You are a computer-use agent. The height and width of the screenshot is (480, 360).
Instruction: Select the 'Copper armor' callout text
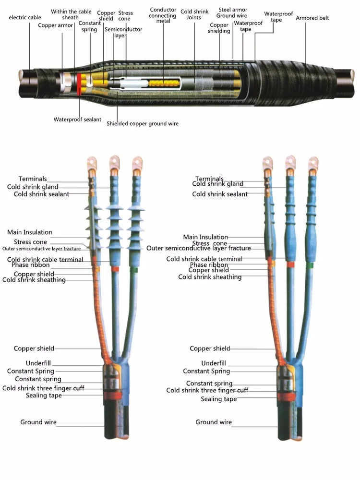pyautogui.click(x=56, y=25)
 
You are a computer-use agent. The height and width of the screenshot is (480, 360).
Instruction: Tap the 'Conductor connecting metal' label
pyautogui.click(x=163, y=15)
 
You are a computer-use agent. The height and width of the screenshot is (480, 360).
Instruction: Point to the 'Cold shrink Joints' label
pyautogui.click(x=193, y=14)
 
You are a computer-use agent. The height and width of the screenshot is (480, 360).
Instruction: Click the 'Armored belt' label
pyautogui.click(x=313, y=18)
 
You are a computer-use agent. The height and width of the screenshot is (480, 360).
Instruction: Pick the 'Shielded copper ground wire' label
pyautogui.click(x=143, y=124)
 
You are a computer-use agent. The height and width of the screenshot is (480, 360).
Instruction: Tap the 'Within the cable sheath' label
pyautogui.click(x=71, y=14)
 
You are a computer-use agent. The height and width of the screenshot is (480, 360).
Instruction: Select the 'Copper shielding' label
pyautogui.click(x=219, y=28)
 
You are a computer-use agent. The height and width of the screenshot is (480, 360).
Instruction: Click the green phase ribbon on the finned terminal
pyautogui.click(x=136, y=270)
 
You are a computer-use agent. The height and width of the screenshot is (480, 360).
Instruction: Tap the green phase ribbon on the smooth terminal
pyautogui.click(x=312, y=264)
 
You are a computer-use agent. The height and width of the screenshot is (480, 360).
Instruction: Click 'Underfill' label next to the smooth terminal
pyautogui.click(x=214, y=363)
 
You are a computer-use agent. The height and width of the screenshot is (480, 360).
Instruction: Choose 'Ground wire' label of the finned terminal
pyautogui.click(x=38, y=422)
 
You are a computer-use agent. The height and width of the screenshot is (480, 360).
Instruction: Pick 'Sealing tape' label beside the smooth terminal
pyautogui.click(x=218, y=399)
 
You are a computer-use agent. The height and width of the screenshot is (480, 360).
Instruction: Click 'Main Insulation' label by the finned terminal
pyautogui.click(x=30, y=232)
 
